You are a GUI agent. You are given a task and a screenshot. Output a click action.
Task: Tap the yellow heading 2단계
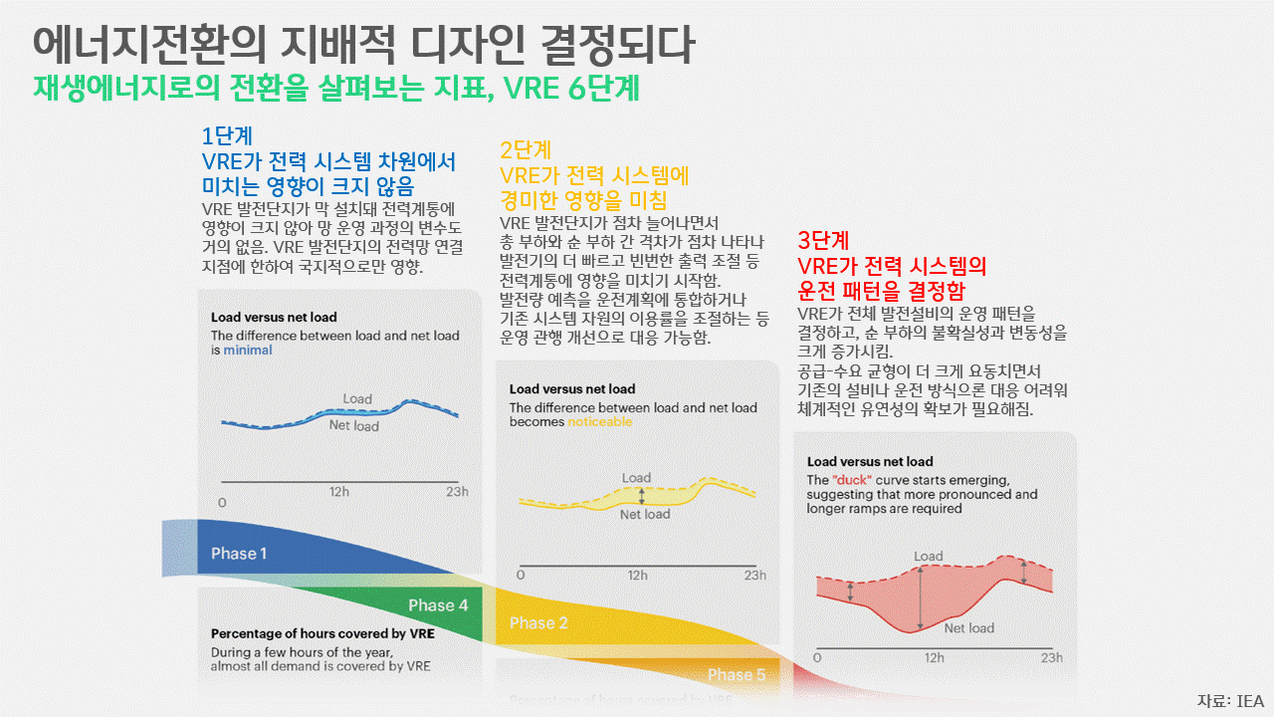coord(525,150)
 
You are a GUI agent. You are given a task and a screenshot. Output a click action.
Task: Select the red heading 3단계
coord(823,241)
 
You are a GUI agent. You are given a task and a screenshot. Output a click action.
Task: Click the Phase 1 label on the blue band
coord(239,554)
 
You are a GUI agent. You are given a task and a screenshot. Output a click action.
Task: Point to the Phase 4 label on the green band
coord(438,605)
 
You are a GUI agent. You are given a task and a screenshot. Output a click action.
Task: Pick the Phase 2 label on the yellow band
coord(538,623)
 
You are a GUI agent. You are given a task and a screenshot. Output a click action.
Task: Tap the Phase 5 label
coord(737,675)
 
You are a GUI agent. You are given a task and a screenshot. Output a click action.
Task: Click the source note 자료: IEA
coord(1230,700)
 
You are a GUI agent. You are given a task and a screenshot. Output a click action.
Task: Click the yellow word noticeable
coord(599,422)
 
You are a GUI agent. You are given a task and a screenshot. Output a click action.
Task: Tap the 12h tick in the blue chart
coord(339,492)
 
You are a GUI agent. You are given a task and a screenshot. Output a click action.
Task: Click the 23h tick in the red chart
coord(1051,658)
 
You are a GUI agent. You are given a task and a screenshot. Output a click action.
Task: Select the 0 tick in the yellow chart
coord(521,576)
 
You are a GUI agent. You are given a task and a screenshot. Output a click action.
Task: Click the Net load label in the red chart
coord(968,628)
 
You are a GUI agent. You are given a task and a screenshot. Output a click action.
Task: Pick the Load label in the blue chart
coord(357,399)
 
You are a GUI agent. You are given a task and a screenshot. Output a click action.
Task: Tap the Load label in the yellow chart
coord(636,479)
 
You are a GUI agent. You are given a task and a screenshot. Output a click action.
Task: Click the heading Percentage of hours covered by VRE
coord(322,633)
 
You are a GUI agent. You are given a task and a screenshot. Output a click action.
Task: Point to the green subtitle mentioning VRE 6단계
coord(335,88)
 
